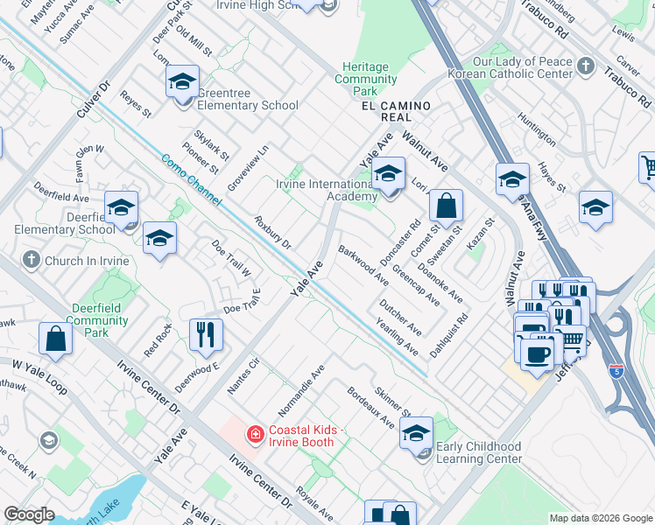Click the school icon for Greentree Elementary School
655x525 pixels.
(182, 83)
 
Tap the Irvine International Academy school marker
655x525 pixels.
(387, 175)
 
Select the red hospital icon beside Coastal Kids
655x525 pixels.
(255, 434)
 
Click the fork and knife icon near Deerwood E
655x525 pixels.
(206, 333)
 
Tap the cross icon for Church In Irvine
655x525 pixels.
(31, 260)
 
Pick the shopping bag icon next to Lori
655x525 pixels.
(446, 207)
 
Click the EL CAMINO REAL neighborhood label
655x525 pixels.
(396, 106)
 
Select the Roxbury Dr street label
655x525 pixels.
(272, 231)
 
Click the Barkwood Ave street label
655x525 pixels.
(363, 264)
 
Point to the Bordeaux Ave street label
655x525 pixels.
(370, 408)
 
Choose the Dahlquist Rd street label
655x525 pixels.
(449, 336)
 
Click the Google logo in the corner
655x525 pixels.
(29, 514)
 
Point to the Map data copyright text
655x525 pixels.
(600, 518)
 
